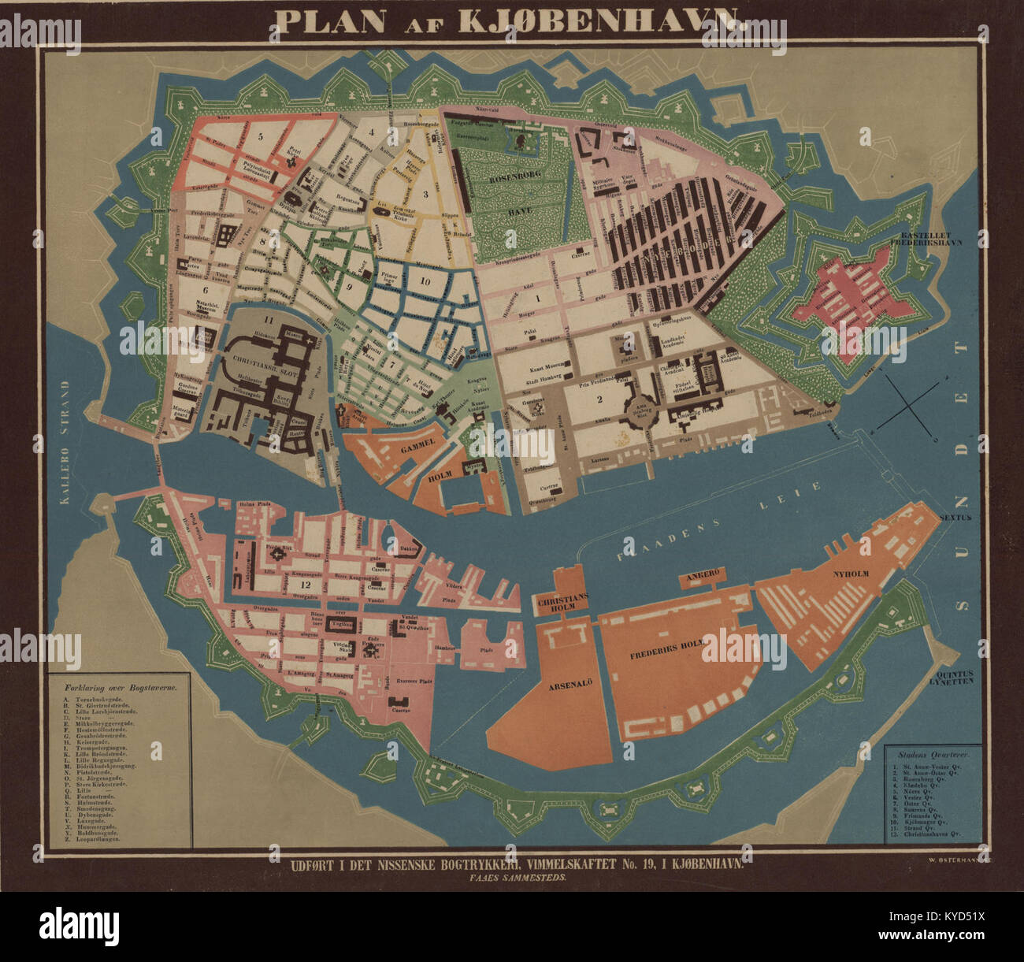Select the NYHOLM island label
click(x=849, y=574)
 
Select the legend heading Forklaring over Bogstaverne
click(x=121, y=686)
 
